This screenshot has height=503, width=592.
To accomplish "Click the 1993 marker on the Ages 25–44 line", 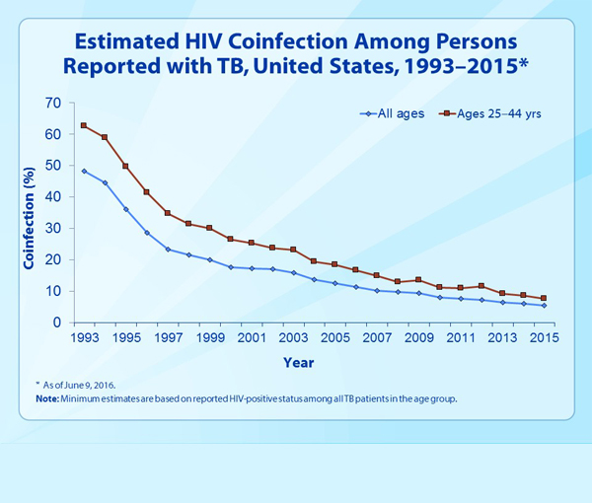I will (84, 125).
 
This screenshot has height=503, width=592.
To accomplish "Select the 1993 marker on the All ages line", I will (84, 171).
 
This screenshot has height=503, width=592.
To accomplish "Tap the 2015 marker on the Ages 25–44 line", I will (543, 298).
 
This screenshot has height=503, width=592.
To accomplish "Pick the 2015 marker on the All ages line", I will (543, 306).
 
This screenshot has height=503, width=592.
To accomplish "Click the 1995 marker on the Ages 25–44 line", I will (125, 166).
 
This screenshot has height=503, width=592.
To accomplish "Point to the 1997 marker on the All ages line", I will (168, 250).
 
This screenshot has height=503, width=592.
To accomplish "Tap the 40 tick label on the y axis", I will (53, 197).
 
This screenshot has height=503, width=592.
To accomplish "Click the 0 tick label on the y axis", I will (57, 323).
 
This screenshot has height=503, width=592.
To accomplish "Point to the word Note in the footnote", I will (42, 397).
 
